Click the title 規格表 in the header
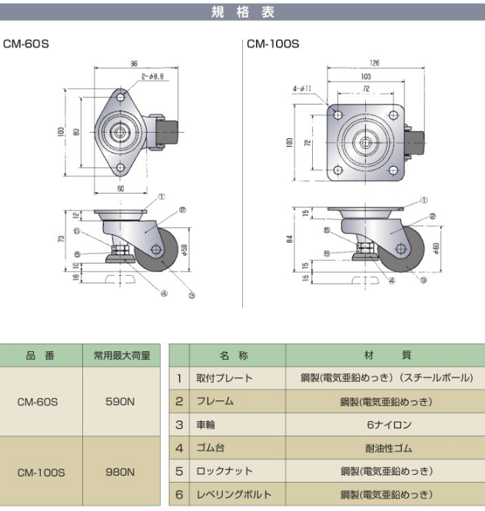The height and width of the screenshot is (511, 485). [241, 12]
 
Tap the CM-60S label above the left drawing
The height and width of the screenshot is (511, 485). [26, 44]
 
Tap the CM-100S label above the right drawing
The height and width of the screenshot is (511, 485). [273, 44]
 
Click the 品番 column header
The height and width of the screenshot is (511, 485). [42, 355]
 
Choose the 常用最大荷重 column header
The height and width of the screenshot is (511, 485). [121, 355]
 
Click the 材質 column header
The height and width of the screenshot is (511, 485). [386, 355]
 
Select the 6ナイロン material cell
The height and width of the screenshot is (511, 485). [386, 424]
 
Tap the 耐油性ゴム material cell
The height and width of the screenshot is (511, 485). [386, 447]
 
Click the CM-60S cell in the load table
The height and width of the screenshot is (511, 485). [42, 401]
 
